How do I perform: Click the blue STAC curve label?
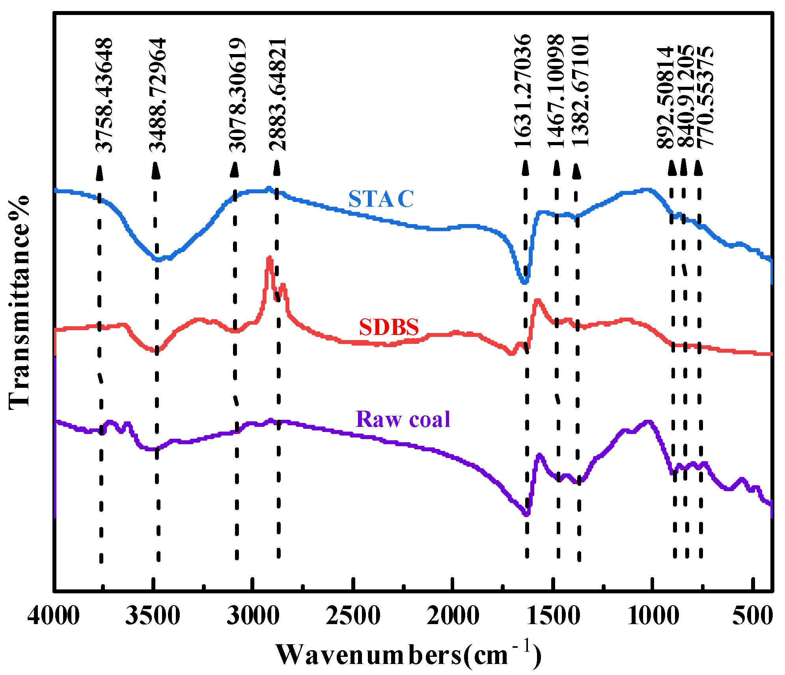[381, 199]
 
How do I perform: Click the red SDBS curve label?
[389, 327]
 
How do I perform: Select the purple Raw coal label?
[403, 419]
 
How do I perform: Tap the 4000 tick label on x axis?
[54, 615]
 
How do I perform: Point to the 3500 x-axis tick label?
[153, 615]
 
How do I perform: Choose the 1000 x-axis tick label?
[653, 615]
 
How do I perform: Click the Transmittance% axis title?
[19, 302]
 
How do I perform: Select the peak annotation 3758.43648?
[104, 95]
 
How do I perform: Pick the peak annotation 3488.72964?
[158, 95]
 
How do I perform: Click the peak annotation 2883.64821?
[278, 94]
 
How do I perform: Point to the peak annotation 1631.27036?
[523, 91]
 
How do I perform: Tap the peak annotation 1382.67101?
[580, 91]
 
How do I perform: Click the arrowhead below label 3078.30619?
[235, 169]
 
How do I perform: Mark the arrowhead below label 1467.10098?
[556, 168]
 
